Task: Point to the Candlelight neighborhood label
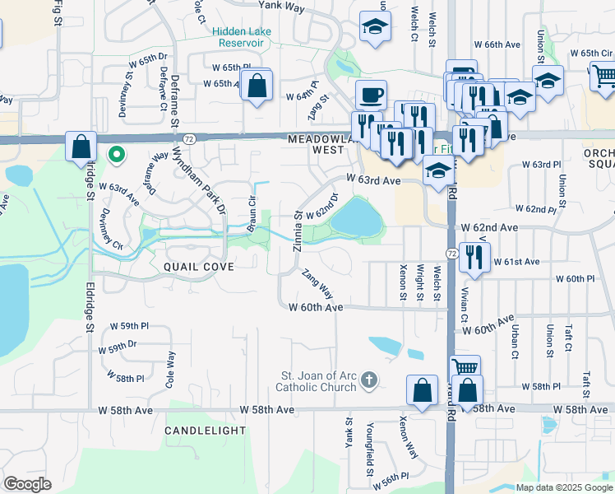(x=205, y=431)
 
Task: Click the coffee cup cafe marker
(x=371, y=94)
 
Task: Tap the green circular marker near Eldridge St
(x=117, y=154)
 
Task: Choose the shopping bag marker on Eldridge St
(x=81, y=147)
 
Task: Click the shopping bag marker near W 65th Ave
(x=257, y=85)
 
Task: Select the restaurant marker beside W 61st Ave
(x=474, y=257)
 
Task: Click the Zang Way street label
(x=317, y=284)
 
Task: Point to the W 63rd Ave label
(x=373, y=179)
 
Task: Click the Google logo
(x=28, y=484)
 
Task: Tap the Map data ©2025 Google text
(x=564, y=487)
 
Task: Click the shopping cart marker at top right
(x=604, y=76)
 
